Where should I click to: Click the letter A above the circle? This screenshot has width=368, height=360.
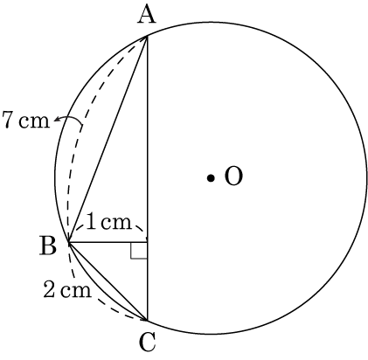(x=147, y=15)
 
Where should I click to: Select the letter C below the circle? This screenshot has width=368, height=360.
(x=147, y=343)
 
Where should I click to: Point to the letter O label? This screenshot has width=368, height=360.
(x=233, y=177)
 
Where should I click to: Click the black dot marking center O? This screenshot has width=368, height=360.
(x=211, y=177)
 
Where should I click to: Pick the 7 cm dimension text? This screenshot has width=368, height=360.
(x=25, y=120)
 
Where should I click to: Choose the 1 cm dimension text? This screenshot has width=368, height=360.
(x=109, y=223)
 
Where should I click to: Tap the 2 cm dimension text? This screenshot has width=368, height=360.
(x=67, y=289)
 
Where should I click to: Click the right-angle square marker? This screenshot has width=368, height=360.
(x=139, y=250)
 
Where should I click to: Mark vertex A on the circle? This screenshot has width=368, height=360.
(x=148, y=36)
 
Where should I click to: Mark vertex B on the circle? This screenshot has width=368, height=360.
(x=68, y=242)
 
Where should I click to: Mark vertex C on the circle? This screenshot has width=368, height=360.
(x=148, y=320)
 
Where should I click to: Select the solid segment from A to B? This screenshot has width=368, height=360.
(x=108, y=139)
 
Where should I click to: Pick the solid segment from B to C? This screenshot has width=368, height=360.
(x=108, y=281)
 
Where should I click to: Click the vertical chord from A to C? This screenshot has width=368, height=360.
(x=148, y=178)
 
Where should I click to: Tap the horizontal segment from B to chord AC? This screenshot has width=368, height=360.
(x=108, y=242)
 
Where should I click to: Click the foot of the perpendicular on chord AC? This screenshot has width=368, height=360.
(x=148, y=242)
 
